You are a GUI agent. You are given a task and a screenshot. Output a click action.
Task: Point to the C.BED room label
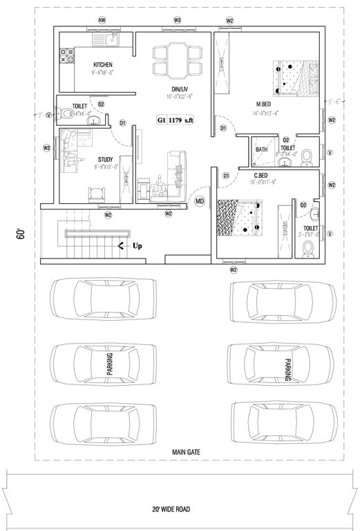click(260, 175)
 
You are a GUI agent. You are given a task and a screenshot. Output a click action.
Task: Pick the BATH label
click(262, 149)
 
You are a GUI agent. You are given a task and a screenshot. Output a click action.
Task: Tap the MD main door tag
click(200, 201)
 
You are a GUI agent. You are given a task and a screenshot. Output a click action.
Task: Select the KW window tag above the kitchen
click(102, 21)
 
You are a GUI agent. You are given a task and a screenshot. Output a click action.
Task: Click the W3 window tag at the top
click(178, 21)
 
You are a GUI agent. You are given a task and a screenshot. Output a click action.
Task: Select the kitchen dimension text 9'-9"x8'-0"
click(103, 71)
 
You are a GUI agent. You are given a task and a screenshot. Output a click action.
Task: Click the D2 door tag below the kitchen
click(101, 104)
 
